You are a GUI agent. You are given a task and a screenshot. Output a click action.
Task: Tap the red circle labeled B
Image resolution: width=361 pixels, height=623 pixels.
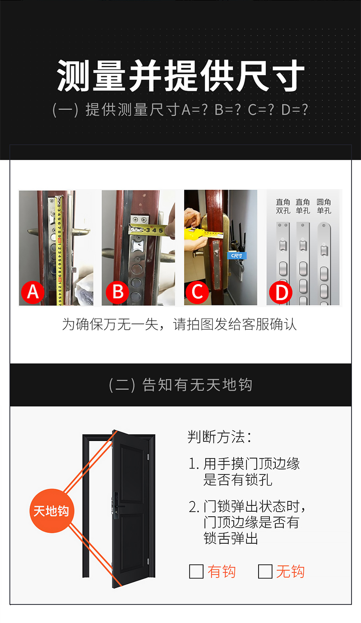pyautogui.click(x=117, y=292)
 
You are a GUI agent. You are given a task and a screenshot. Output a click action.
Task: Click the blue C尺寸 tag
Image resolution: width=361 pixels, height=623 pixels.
pyautogui.click(x=237, y=255)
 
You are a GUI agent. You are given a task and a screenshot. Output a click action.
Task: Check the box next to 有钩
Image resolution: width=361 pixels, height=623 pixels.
pyautogui.click(x=196, y=572)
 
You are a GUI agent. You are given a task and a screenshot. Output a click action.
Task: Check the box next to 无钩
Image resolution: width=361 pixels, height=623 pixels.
pyautogui.click(x=265, y=572)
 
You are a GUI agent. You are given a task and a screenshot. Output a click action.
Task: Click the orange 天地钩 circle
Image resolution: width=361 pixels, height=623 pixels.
pyautogui.click(x=52, y=511)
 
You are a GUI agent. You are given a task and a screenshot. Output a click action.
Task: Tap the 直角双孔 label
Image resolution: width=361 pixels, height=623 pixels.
pyautogui.click(x=283, y=206)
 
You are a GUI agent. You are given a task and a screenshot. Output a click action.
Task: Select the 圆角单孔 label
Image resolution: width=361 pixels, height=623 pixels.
pyautogui.click(x=324, y=206)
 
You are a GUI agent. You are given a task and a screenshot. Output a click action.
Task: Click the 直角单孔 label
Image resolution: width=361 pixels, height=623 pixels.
pyautogui.click(x=303, y=206)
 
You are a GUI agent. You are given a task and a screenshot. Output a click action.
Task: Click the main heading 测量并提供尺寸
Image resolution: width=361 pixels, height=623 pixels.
pyautogui.click(x=180, y=76)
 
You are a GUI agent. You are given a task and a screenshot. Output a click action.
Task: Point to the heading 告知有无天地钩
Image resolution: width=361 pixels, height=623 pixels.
pyautogui.click(x=180, y=385)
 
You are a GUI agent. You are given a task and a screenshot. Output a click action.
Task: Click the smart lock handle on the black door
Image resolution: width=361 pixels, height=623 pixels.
pyautogui.click(x=119, y=506)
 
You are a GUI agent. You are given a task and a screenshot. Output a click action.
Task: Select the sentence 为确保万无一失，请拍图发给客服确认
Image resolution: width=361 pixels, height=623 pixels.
pyautogui.click(x=180, y=324)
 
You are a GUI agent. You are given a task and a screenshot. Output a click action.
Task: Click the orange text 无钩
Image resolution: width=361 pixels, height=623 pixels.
pyautogui.click(x=290, y=572)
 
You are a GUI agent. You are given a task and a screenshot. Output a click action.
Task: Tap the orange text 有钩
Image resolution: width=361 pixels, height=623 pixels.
pyautogui.click(x=222, y=572)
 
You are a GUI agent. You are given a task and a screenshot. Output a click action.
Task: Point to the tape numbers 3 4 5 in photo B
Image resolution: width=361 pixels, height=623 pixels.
pyautogui.click(x=154, y=230)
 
